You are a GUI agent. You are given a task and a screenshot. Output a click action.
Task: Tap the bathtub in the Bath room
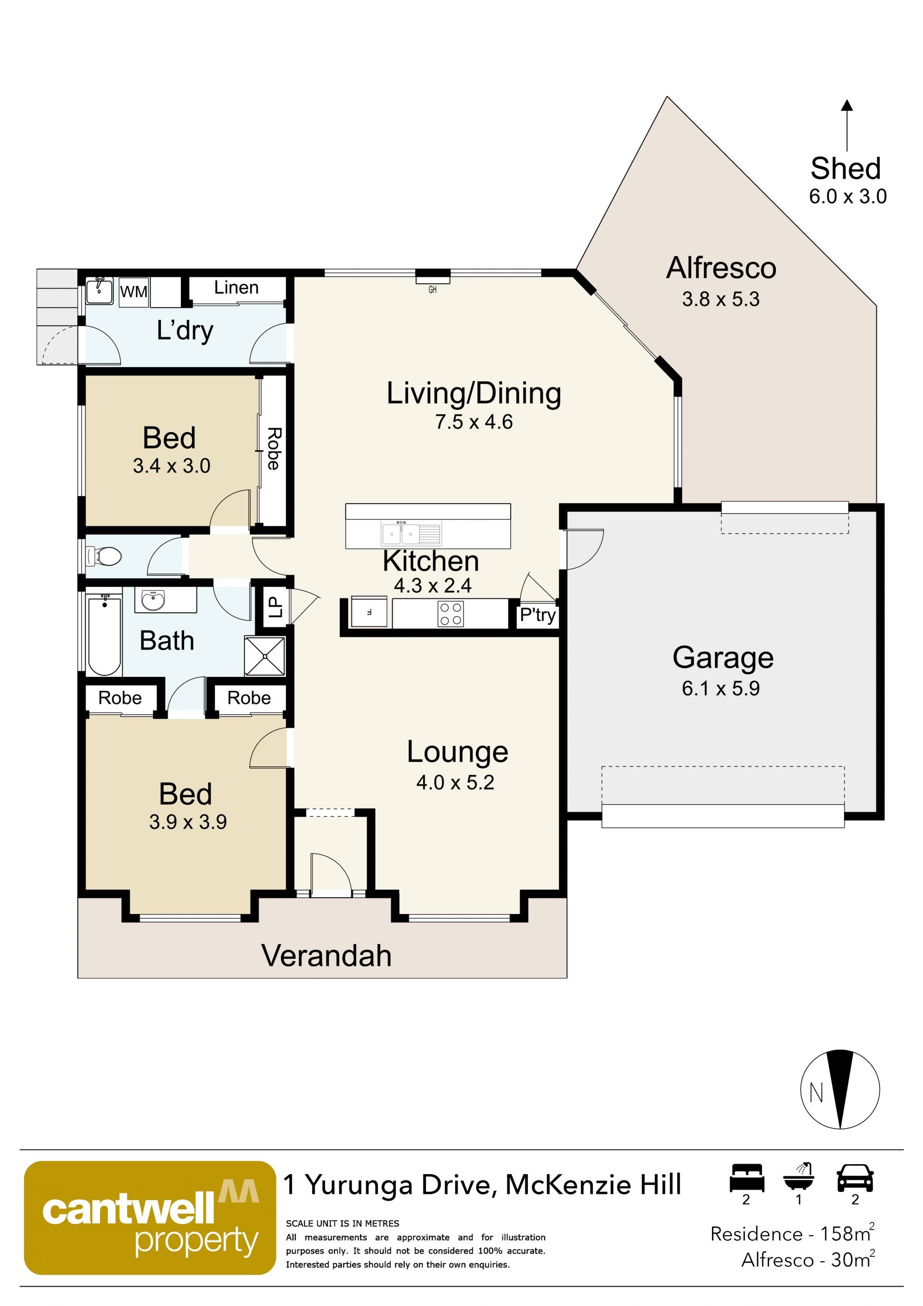(x=105, y=635)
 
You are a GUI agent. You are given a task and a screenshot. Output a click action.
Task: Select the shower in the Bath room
(x=265, y=656)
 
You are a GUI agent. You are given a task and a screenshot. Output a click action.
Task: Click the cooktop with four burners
(x=451, y=614)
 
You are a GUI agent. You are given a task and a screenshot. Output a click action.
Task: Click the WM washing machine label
(x=134, y=292)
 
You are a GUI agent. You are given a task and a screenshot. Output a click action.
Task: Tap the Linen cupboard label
(x=237, y=288)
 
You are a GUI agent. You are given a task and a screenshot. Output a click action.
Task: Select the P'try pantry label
(x=537, y=615)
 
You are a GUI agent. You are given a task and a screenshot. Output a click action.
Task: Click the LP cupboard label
(x=275, y=607)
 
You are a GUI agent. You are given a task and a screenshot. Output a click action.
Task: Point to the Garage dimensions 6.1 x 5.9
(x=721, y=689)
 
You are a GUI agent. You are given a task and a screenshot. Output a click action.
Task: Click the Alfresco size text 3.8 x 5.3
(x=721, y=299)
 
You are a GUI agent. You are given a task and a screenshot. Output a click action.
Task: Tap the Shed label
(x=846, y=168)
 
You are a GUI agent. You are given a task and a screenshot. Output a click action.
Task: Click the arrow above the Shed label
(x=847, y=125)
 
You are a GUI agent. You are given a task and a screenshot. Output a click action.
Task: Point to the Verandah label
(x=326, y=956)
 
